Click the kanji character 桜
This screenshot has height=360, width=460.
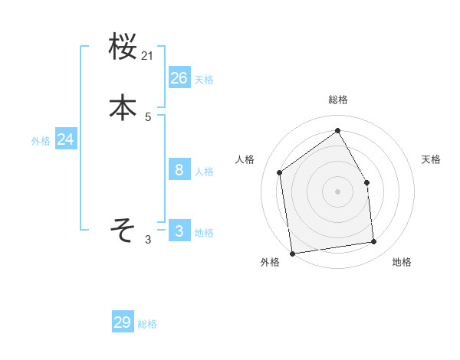(x=123, y=47)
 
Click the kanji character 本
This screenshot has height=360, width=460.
(x=123, y=108)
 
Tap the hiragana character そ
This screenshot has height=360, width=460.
(x=123, y=229)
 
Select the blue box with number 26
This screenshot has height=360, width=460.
(x=179, y=77)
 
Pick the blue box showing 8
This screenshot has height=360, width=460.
(x=179, y=169)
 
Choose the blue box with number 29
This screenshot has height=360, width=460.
(x=123, y=322)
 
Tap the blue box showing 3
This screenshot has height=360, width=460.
(x=179, y=231)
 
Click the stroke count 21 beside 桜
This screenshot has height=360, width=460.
(x=148, y=56)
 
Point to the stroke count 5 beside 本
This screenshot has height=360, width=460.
(x=148, y=117)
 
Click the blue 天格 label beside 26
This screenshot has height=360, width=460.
(x=204, y=80)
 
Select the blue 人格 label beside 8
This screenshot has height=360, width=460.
(x=204, y=172)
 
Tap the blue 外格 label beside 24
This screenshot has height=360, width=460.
(x=41, y=141)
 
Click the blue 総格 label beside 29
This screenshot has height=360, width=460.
(x=147, y=325)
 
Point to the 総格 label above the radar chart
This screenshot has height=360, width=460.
(x=338, y=100)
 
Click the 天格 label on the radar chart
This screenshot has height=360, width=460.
(x=432, y=159)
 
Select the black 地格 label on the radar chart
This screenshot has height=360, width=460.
(x=402, y=263)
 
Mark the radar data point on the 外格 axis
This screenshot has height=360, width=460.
(x=292, y=253)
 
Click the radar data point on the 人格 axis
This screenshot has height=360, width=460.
(x=280, y=173)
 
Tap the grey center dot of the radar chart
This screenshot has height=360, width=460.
(x=337, y=191)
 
